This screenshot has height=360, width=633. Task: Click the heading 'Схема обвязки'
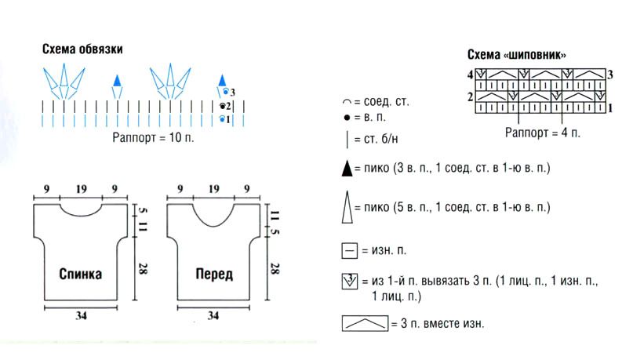pyautogui.click(x=82, y=49)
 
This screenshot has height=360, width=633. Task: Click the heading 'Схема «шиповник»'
pyautogui.click(x=517, y=54)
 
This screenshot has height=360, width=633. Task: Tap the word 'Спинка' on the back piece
pyautogui.click(x=80, y=274)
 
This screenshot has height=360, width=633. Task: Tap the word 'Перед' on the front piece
pyautogui.click(x=214, y=275)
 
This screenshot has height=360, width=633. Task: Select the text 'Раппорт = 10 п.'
pyautogui.click(x=153, y=137)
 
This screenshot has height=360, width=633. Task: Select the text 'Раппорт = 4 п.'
pyautogui.click(x=542, y=133)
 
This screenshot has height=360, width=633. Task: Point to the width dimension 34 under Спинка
pyautogui.click(x=81, y=315)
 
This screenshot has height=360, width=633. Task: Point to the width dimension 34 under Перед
pyautogui.click(x=213, y=315)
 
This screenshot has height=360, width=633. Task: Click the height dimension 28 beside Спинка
pyautogui.click(x=143, y=269)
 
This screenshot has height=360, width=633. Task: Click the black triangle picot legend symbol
pyautogui.click(x=347, y=169)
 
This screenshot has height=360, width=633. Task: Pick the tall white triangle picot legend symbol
pyautogui.click(x=347, y=207)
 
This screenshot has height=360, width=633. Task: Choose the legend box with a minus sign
pyautogui.click(x=349, y=251)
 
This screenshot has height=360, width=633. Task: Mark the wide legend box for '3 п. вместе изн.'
pyautogui.click(x=365, y=324)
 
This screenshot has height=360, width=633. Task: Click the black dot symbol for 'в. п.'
pyautogui.click(x=347, y=118)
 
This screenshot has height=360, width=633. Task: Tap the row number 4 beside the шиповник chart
pyautogui.click(x=471, y=75)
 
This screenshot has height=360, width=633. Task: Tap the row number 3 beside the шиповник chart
pyautogui.click(x=610, y=75)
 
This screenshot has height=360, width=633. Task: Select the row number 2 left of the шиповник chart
pyautogui.click(x=471, y=96)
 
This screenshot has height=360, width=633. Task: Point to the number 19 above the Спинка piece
pyautogui.click(x=81, y=189)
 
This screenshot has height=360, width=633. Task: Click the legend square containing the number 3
pyautogui.click(x=350, y=282)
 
